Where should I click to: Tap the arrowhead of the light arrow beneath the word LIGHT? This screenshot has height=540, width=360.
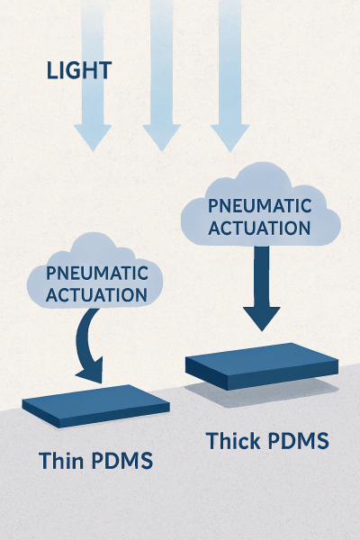[x=93, y=137]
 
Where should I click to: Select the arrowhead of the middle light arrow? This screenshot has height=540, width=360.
[x=162, y=137]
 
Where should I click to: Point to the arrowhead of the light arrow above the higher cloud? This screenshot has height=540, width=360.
[x=230, y=137]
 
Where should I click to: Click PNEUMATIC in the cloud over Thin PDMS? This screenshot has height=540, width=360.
[x=97, y=273]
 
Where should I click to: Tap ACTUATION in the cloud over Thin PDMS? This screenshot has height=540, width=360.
[x=97, y=293]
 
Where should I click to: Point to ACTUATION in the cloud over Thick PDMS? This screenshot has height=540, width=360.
[x=260, y=228]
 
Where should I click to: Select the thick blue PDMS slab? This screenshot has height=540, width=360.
[x=261, y=363]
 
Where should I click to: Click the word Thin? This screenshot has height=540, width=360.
[x=63, y=462]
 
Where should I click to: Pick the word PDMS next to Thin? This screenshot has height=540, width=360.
[x=122, y=462]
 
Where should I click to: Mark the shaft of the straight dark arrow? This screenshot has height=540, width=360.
[x=262, y=274]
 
